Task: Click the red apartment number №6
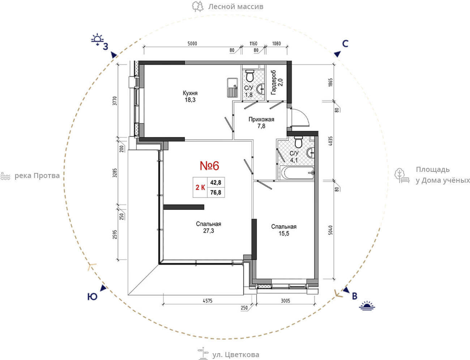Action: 209,166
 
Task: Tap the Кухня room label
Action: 190,93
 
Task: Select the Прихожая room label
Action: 261,119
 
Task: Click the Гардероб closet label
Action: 274,82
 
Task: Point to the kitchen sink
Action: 232,88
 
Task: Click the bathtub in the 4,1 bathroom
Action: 297,173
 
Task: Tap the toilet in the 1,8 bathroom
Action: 249,76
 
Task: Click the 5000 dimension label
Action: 192,44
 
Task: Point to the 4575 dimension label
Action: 208,301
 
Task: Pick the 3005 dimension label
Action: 285,301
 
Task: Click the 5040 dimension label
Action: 330,230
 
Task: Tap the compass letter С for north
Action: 345,44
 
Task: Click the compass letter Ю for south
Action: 92,297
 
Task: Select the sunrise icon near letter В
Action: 367,306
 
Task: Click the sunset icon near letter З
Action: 97,39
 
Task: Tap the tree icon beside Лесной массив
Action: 198,6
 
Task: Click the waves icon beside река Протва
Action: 5,176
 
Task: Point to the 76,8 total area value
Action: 215,192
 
